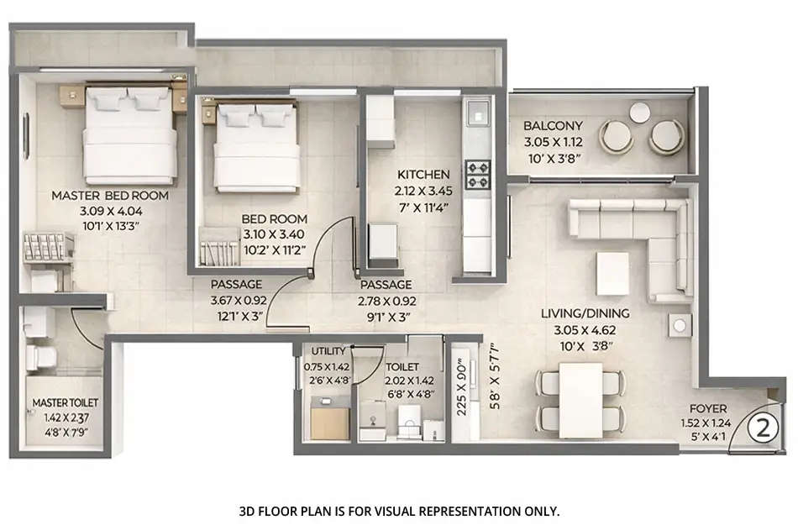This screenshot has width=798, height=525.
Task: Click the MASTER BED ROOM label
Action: [109, 196]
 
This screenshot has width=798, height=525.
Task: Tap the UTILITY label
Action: [328, 350]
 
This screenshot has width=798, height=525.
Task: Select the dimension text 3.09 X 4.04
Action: [109, 210]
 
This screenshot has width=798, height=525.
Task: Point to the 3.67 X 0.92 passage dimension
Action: [236, 300]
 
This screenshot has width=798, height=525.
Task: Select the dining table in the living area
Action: [581, 400]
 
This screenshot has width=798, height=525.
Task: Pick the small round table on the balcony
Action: [640, 112]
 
